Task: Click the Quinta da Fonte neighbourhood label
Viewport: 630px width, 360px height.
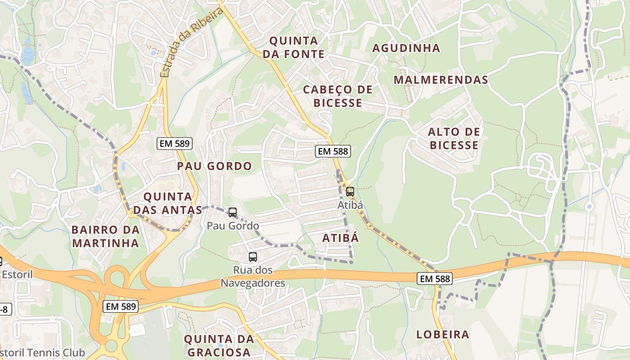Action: [x=297, y=47]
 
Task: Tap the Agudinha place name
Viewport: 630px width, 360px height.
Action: [x=406, y=48]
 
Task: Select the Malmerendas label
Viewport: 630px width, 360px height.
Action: [x=441, y=80]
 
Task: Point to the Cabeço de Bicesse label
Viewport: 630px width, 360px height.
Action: [x=337, y=96]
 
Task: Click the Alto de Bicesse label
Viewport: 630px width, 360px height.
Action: [x=454, y=138]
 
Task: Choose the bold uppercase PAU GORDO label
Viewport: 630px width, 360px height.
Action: [x=214, y=166]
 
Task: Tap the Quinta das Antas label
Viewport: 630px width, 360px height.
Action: [x=167, y=203]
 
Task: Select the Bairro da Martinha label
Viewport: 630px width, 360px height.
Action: [x=105, y=236]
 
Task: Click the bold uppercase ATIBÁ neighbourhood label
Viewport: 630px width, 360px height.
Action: [x=341, y=238]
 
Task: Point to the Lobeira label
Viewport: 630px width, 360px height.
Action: [x=442, y=334]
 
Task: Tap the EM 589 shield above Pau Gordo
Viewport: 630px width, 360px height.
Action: [x=175, y=144]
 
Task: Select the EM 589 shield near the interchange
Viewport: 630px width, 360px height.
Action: [x=121, y=307]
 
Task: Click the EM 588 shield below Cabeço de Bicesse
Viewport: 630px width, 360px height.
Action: [x=333, y=151]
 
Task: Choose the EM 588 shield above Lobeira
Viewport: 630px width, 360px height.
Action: [x=434, y=279]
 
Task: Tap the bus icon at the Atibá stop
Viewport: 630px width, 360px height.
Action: [x=350, y=192]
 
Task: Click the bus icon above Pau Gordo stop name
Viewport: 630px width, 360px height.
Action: [x=232, y=212]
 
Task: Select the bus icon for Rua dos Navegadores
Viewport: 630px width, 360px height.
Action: [x=252, y=257]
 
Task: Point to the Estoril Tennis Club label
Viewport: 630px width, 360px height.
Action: [x=43, y=352]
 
